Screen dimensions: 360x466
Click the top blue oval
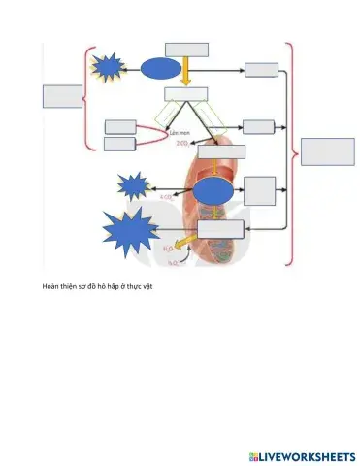click(161, 68)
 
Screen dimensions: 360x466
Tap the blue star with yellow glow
click(107, 66)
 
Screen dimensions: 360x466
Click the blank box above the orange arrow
click(186, 50)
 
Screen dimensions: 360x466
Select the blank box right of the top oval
click(261, 69)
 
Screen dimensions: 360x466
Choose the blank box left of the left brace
click(61, 96)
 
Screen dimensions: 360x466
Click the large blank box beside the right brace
click(327, 152)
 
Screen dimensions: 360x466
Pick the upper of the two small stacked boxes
click(120, 126)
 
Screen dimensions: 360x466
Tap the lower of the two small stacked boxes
click(120, 144)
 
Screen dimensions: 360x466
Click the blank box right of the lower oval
click(261, 189)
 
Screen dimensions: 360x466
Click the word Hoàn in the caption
click(52, 287)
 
